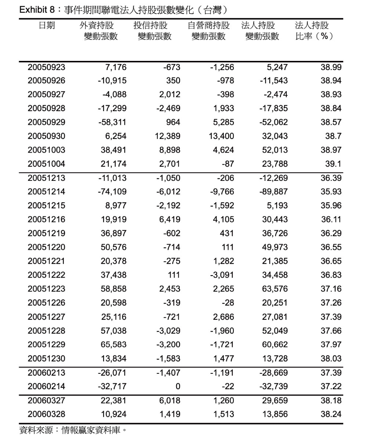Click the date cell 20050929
point(46,122)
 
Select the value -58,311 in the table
point(112,122)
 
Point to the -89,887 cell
point(274,192)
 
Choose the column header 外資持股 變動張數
point(98,31)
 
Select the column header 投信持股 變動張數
point(152,31)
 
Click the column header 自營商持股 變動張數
point(208,31)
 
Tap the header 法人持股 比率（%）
point(314,31)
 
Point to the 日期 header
point(47,25)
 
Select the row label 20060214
point(46,386)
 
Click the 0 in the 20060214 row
point(178,386)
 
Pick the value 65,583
point(114,345)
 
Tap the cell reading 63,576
point(275,289)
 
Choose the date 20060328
point(46,414)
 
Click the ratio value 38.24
point(331,414)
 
